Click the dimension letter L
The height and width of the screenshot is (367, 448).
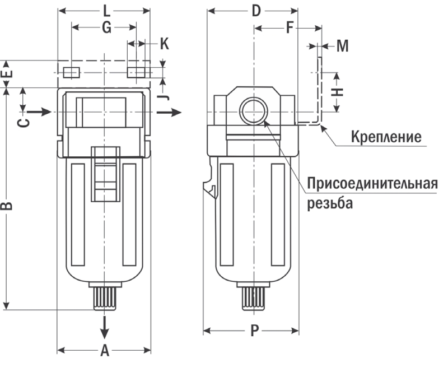pyautogui.click(x=105, y=10)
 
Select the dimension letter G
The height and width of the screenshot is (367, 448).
pyautogui.click(x=104, y=26)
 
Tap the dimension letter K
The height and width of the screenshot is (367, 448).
pyautogui.click(x=164, y=43)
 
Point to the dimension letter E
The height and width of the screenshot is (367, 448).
pyautogui.click(x=7, y=73)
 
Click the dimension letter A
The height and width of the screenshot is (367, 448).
pyautogui.click(x=104, y=351)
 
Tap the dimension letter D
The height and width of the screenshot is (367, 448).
pyautogui.click(x=256, y=11)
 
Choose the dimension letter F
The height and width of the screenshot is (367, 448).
pyautogui.click(x=290, y=27)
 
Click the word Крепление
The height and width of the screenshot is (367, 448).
pyautogui.click(x=385, y=136)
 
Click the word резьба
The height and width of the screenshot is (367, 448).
pyautogui.click(x=330, y=203)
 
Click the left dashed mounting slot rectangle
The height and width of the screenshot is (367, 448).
pyautogui.click(x=71, y=72)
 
